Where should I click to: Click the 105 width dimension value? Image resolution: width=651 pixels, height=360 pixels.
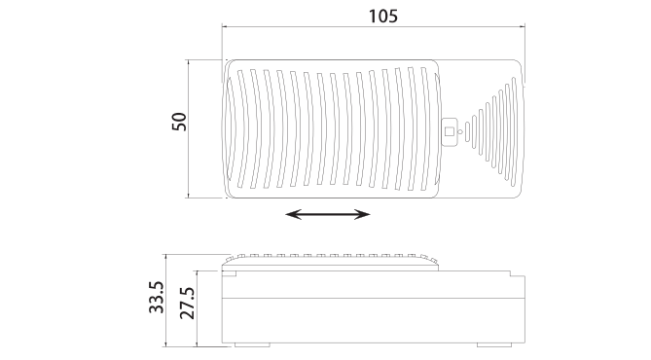click(382, 17)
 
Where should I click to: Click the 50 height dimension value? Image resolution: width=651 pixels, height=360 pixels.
click(179, 122)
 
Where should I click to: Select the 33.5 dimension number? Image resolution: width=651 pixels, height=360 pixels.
click(157, 298)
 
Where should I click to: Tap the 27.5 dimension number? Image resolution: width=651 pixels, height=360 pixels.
click(187, 304)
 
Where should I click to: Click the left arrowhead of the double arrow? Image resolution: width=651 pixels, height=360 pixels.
click(293, 215)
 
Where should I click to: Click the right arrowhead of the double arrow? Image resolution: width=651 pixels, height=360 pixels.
click(362, 215)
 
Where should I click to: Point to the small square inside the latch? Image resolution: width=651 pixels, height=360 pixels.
click(450, 131)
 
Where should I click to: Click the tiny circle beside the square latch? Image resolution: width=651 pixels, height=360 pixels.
click(460, 132)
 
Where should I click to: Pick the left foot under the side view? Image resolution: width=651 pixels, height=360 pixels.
click(252, 344)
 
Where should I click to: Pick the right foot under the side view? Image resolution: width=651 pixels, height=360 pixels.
click(494, 344)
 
